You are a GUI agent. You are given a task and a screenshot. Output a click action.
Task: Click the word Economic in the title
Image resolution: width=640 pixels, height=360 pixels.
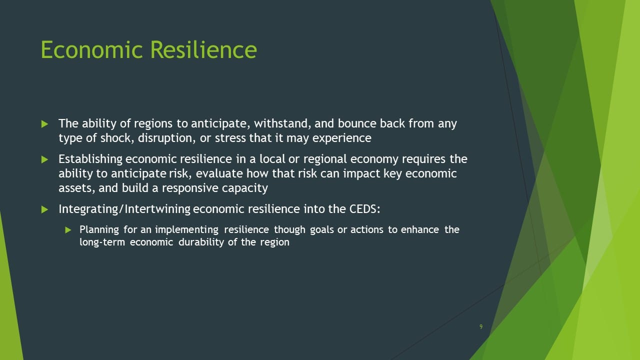[91, 49]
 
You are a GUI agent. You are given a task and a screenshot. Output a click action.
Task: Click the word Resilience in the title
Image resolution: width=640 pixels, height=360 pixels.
[203, 49]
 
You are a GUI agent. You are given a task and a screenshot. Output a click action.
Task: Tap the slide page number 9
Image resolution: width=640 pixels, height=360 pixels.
[481, 326]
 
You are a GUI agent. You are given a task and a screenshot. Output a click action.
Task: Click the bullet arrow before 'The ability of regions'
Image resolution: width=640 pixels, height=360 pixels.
[44, 124]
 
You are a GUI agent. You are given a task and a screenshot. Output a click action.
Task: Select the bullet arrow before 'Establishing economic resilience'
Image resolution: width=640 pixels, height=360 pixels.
[44, 159]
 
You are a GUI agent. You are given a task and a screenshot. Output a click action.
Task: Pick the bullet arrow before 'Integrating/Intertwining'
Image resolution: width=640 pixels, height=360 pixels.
[44, 209]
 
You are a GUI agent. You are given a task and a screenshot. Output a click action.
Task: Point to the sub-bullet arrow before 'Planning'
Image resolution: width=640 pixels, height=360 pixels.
[68, 230]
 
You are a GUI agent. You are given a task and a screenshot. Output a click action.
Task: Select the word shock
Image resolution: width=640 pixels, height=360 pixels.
[117, 138]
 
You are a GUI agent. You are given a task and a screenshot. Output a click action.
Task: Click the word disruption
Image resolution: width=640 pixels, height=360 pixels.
[167, 138]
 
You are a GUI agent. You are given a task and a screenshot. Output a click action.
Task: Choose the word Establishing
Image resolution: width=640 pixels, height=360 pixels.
[90, 159]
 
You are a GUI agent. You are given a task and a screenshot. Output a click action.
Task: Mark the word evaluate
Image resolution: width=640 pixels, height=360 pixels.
[219, 173]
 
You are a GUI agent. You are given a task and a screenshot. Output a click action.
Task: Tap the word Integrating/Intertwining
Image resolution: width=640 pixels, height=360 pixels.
[124, 209]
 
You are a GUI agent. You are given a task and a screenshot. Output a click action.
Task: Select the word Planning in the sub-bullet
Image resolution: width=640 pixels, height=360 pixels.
[99, 229]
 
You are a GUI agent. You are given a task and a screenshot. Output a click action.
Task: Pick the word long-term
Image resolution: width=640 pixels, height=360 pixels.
[102, 242]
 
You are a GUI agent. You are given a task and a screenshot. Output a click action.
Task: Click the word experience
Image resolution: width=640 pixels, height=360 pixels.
[341, 138]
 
